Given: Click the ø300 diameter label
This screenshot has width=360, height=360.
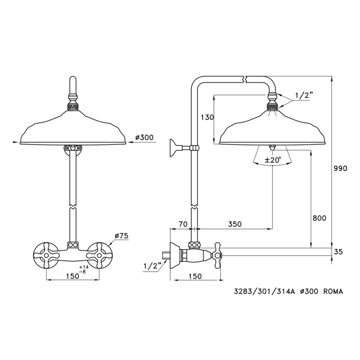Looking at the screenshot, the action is [144, 137].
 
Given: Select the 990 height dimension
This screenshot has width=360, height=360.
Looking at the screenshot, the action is [340, 168].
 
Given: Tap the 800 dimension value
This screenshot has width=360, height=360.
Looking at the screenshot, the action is [319, 218].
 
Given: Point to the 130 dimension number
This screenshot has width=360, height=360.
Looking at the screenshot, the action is [207, 117].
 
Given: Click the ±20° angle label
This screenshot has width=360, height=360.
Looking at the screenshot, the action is [273, 160].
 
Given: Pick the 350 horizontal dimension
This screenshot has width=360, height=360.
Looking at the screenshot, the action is [235, 224].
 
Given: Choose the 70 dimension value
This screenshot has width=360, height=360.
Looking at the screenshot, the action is [183, 224].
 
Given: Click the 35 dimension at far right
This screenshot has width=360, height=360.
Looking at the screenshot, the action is [338, 251].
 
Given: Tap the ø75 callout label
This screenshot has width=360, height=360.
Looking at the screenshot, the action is [122, 236].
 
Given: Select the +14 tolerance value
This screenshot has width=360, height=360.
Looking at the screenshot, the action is [84, 267].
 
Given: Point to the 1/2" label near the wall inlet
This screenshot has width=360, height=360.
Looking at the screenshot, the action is [152, 266].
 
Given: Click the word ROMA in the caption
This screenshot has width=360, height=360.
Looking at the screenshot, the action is [333, 292].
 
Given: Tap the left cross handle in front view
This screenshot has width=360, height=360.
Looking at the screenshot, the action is [46, 255].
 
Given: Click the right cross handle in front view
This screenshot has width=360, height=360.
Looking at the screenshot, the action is [99, 255].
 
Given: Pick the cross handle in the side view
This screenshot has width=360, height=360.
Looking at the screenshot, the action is [217, 255].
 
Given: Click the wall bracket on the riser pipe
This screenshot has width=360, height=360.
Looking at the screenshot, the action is [183, 148].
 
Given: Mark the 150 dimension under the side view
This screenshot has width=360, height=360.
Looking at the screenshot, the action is [195, 276].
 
